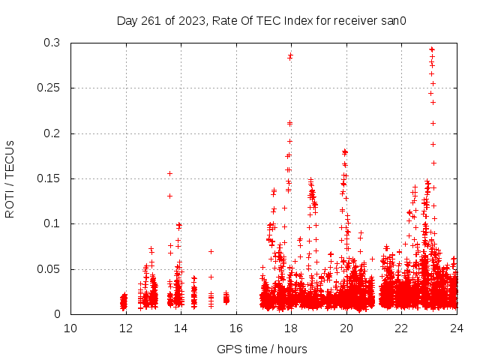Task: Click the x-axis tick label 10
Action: tap(70, 328)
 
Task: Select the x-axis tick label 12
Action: tap(126, 328)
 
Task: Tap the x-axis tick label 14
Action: tap(181, 328)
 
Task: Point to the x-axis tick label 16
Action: tap(236, 328)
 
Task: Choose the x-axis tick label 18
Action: tap(291, 328)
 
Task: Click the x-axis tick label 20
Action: tap(346, 328)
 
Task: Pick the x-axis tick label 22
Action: tap(401, 328)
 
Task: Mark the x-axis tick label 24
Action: tap(457, 328)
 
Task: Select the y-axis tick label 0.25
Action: tap(52, 88)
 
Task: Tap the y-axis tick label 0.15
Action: tap(52, 178)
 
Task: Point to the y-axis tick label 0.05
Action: tap(52, 268)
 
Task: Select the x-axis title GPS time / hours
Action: tap(262, 349)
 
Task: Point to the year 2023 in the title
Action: tap(195, 20)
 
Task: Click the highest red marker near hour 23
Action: tap(431, 49)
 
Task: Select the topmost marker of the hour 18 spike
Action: tap(290, 55)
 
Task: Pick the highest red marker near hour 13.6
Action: tap(169, 173)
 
